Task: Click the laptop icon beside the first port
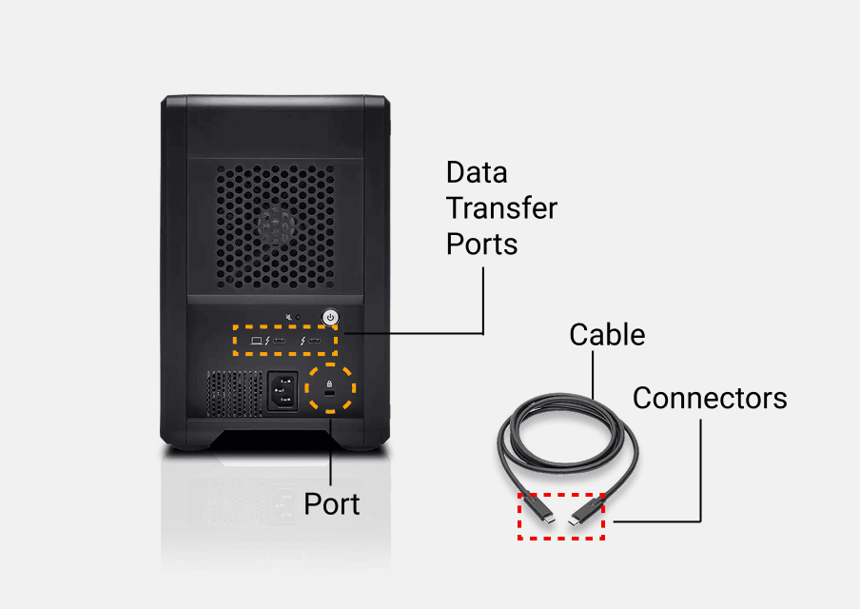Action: [x=255, y=340]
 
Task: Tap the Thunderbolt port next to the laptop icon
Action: [x=282, y=340]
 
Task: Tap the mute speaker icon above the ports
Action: [x=289, y=315]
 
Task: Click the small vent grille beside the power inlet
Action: [x=235, y=391]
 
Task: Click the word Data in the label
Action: [x=477, y=172]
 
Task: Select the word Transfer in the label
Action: [x=501, y=207]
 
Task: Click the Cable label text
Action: [x=607, y=334]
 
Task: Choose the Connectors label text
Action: [x=710, y=397]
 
